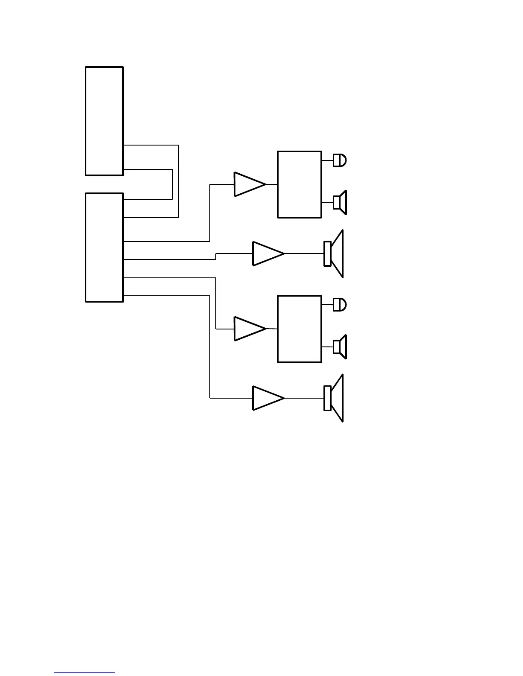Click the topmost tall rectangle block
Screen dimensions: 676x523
click(104, 121)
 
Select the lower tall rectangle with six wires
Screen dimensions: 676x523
click(104, 248)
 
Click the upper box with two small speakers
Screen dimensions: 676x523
click(299, 184)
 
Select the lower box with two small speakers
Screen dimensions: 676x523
click(299, 329)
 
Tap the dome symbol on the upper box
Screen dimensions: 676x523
click(340, 160)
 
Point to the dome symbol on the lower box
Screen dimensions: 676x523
click(340, 305)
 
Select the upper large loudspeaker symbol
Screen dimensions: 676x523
click(334, 253)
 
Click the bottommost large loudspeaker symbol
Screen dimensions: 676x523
click(334, 398)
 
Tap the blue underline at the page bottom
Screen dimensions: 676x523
click(85, 673)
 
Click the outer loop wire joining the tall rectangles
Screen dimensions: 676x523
click(178, 181)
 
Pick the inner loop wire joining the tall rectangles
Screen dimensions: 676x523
click(172, 184)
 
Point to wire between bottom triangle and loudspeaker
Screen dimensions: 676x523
click(304, 398)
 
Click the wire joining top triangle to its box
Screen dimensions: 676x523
click(272, 184)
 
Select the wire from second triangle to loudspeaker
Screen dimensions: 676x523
click(304, 253)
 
